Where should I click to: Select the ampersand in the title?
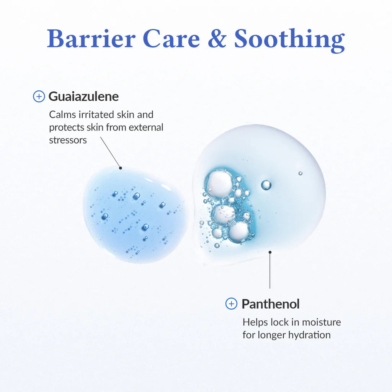click(217, 39)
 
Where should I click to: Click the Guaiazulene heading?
click(83, 96)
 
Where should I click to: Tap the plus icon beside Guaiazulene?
click(39, 96)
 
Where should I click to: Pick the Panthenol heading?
click(270, 304)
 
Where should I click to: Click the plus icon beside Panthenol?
click(231, 304)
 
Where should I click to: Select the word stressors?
click(68, 140)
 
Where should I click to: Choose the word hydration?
click(310, 335)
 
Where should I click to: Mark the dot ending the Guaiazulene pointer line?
click(120, 168)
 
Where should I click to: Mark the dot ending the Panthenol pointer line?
click(270, 252)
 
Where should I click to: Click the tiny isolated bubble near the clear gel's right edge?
click(300, 173)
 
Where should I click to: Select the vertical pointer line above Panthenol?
click(270, 272)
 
